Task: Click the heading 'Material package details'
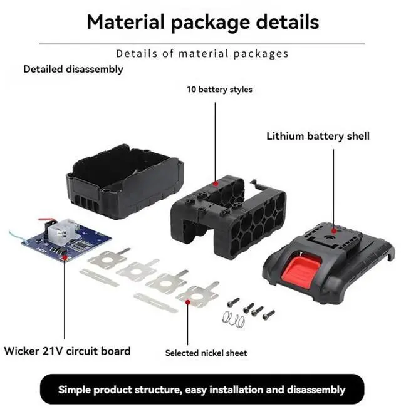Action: (202, 22)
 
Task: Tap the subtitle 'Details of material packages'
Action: (202, 53)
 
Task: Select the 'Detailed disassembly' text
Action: (73, 69)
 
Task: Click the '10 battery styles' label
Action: (219, 90)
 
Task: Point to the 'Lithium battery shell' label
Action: (318, 136)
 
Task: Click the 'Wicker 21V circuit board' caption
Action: (67, 351)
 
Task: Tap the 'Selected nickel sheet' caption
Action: (206, 353)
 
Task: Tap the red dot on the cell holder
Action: (216, 184)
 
